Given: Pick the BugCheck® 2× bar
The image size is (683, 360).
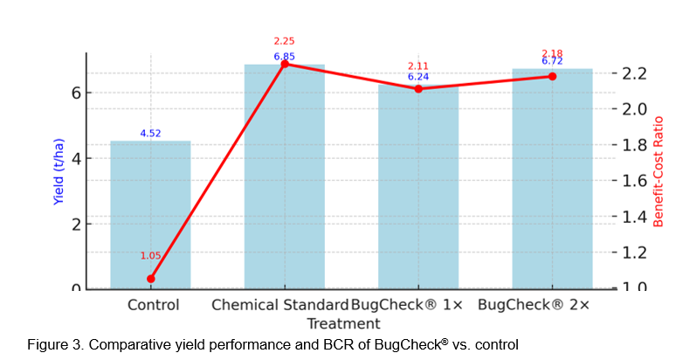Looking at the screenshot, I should [552, 178].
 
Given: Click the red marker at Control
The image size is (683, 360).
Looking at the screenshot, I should [150, 279].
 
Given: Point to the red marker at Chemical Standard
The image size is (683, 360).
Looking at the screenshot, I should [284, 64].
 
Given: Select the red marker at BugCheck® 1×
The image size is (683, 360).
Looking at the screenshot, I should [417, 88].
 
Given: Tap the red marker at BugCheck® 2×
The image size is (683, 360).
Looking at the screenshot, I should [552, 76].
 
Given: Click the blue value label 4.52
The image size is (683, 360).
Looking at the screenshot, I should [150, 134].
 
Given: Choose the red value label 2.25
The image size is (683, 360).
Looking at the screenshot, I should [284, 41].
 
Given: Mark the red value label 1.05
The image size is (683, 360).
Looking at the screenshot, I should [150, 256].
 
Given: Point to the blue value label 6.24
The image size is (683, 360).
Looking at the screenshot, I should [417, 77].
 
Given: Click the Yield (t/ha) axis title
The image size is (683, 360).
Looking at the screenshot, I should [59, 171].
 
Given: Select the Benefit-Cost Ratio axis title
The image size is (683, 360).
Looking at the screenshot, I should [659, 171].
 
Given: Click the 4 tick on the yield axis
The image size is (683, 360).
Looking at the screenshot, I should [76, 158].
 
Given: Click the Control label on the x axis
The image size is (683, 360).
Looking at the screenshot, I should [153, 305].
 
